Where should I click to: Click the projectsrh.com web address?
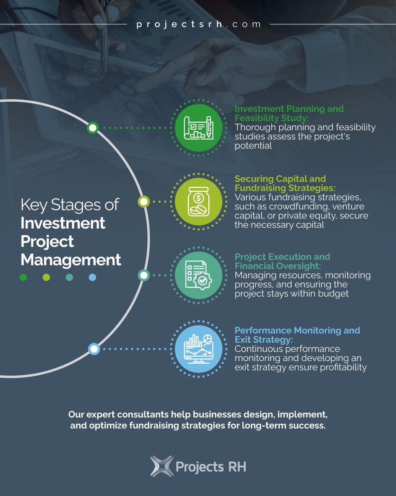coord(198,24)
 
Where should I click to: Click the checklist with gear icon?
coord(198,275)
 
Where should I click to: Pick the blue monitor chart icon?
coord(198,349)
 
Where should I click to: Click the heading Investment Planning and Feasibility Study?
coord(289,113)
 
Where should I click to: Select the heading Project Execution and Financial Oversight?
coord(283,261)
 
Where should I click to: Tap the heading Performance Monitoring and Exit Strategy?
coord(297,335)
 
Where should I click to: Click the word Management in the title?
coord(71,260)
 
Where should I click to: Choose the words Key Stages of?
coord(70,205)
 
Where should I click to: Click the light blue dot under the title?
coord(92,278)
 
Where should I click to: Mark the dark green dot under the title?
coord(23,278)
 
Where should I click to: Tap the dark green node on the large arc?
coord(93,128)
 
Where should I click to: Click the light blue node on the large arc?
coord(94,349)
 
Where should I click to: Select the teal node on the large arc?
coord(143,275)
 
